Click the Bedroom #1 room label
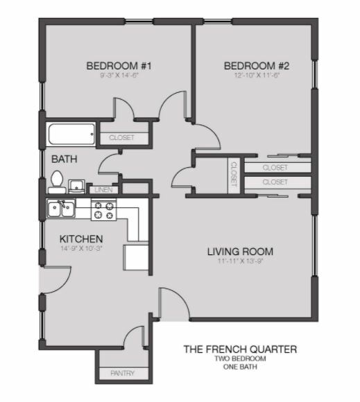click(x=119, y=66)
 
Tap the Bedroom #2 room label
click(x=257, y=66)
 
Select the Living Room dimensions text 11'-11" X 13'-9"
click(x=241, y=261)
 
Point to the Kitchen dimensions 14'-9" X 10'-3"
click(x=81, y=248)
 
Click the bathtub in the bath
click(x=71, y=134)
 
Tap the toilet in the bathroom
click(x=57, y=182)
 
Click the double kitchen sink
click(x=61, y=209)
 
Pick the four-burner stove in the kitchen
click(x=103, y=210)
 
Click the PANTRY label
click(x=122, y=373)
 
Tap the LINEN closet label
click(x=103, y=190)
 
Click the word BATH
click(x=64, y=159)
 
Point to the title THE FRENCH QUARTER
click(x=240, y=349)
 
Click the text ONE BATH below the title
click(x=240, y=367)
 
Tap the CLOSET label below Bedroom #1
click(x=121, y=138)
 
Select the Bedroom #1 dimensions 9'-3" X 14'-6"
click(x=119, y=76)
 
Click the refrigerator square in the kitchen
click(x=136, y=257)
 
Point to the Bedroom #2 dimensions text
click(x=257, y=76)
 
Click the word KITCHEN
click(x=81, y=239)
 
